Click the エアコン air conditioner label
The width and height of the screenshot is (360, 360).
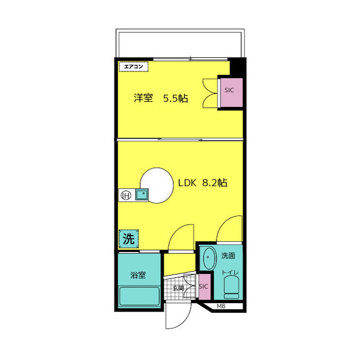(133, 67)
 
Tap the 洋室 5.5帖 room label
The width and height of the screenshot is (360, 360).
(161, 98)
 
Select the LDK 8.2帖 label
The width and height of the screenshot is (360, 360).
(203, 183)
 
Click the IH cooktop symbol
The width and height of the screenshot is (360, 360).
(126, 195)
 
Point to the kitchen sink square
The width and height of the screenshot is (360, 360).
(142, 195)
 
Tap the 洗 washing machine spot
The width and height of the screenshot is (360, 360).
(129, 239)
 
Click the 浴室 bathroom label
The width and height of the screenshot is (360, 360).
(138, 275)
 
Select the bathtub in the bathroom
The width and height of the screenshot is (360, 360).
(139, 296)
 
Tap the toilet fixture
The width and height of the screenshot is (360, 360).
(231, 287)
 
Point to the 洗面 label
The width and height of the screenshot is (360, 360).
(228, 255)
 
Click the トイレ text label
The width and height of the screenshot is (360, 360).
(230, 272)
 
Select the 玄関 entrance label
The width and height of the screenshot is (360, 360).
(178, 288)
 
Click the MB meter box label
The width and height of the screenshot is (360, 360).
(221, 306)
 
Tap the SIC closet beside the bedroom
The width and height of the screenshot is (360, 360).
(231, 92)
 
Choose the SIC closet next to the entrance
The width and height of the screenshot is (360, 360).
(204, 286)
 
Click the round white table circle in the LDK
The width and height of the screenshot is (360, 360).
(156, 186)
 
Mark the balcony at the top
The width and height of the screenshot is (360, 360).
(180, 43)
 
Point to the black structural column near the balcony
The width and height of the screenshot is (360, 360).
(237, 67)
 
